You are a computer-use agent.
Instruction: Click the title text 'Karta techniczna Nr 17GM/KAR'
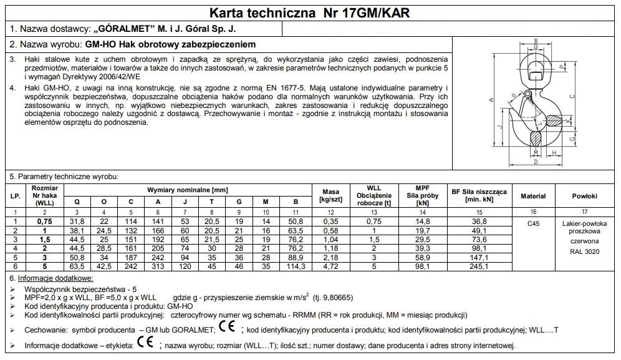[310, 12]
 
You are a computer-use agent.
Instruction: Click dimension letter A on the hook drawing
[493, 100]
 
